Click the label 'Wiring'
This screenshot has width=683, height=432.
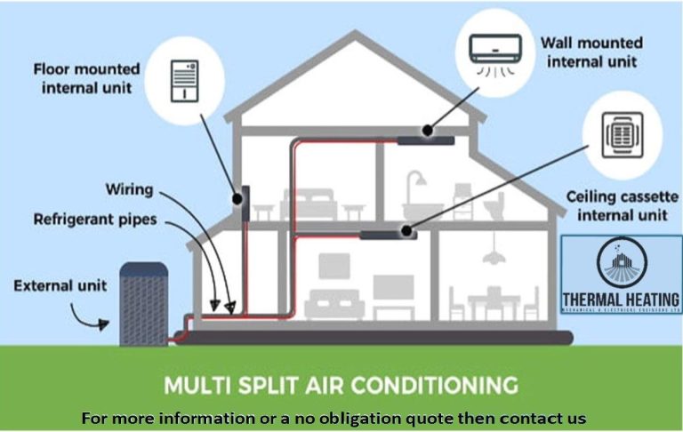click(x=129, y=190)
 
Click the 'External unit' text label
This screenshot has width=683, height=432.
click(x=60, y=285)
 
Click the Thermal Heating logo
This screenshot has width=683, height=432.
click(x=621, y=276)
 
